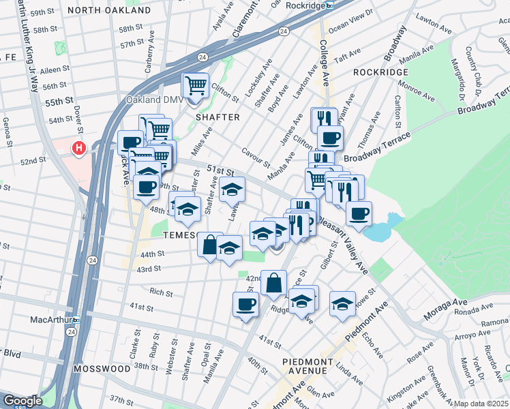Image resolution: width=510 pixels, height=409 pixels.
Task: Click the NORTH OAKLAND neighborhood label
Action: (x=109, y=11)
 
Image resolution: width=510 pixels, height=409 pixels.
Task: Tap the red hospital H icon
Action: (x=80, y=147)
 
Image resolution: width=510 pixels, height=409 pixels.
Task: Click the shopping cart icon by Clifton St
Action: (x=196, y=86)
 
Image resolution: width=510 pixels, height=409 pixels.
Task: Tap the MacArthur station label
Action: (x=51, y=319)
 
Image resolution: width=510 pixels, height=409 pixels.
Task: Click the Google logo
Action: (x=22, y=401)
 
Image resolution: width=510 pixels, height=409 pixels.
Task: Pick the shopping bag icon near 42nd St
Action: (x=273, y=282)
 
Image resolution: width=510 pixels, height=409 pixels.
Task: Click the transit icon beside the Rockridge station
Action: (x=329, y=5)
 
